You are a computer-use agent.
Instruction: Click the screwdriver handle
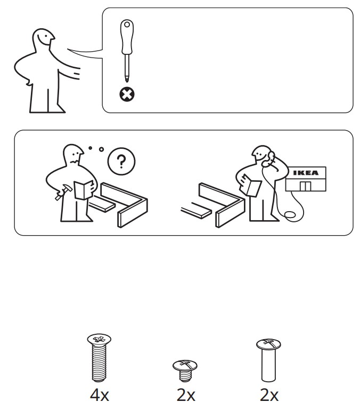coord(127,37)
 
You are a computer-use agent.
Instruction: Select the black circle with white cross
coord(127,94)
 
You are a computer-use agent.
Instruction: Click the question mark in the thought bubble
coord(121,162)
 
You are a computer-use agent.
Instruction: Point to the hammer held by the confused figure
coord(63,192)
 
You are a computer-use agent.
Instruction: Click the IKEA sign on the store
coord(306,173)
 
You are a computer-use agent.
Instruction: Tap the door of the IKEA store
coord(305,186)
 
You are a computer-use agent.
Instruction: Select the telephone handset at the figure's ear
coord(268,159)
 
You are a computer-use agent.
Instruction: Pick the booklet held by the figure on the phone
coord(251,186)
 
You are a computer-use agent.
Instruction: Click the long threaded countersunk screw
coord(99,357)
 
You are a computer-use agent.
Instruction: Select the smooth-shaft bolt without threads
coord(268,360)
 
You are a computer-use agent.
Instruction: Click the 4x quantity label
coord(99,395)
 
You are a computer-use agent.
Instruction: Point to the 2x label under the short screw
coord(186,395)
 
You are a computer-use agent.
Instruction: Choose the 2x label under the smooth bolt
coord(269,395)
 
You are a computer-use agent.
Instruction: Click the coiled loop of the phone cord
coord(290,215)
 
